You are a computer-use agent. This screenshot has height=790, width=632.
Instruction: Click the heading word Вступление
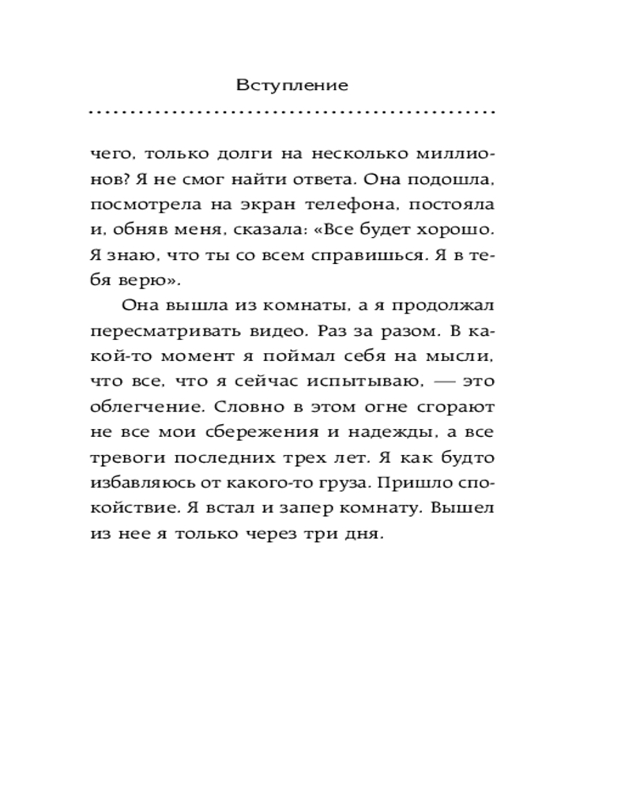(292, 85)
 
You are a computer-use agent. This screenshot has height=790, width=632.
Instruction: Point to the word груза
(341, 483)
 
